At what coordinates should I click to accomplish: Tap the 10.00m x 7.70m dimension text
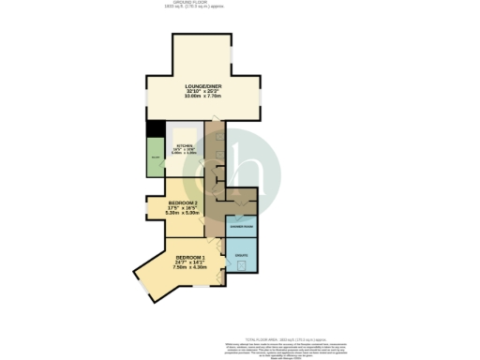(x=202, y=96)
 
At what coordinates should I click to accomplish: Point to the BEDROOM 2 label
(x=184, y=203)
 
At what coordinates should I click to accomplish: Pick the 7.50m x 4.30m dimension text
(x=188, y=268)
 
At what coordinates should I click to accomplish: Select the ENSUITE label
(x=242, y=255)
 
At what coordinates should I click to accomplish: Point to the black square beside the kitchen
(x=151, y=130)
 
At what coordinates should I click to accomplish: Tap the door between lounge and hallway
(x=213, y=120)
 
